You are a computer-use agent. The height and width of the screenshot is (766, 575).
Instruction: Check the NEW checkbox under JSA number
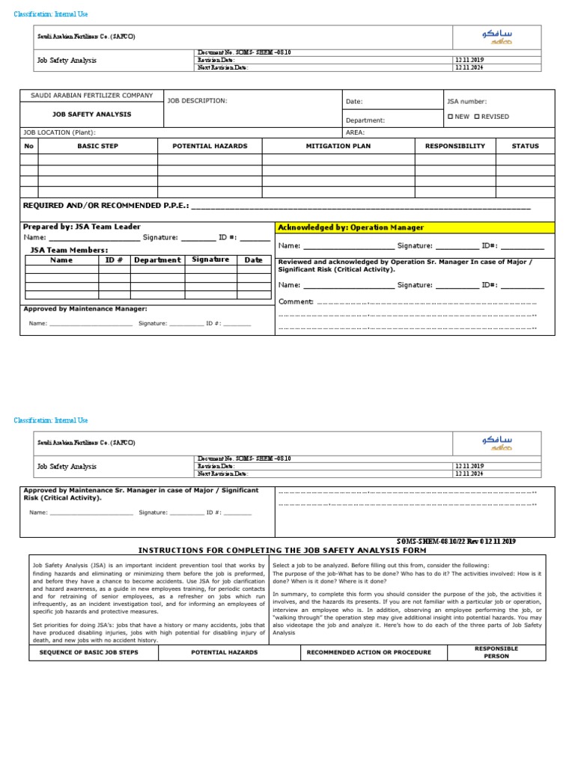450,117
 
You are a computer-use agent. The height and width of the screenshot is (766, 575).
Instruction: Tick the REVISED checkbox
477,117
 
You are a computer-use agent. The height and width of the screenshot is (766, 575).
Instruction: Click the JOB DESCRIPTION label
197,100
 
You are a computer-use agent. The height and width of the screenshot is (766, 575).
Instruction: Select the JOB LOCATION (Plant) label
59,132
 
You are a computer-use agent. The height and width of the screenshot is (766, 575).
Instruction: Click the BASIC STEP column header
97,146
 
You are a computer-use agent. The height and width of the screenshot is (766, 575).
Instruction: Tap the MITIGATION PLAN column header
338,146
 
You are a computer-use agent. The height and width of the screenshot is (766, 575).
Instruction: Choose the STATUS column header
525,146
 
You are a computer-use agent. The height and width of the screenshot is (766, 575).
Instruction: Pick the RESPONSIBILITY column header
454,146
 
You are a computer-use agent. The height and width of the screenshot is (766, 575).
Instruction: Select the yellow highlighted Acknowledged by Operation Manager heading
350,227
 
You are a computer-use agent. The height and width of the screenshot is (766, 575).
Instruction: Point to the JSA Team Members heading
69,250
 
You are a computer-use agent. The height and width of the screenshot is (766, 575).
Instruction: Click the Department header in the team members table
157,260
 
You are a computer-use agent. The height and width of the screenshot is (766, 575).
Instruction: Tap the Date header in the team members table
253,260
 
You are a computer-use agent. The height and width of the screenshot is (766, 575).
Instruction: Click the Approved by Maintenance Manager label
85,308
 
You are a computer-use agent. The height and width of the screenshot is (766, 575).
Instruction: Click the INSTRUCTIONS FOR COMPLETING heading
282,550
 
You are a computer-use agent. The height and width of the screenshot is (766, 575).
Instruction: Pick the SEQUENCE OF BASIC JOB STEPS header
94,652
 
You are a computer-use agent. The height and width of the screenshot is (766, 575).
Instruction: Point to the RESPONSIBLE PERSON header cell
496,652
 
